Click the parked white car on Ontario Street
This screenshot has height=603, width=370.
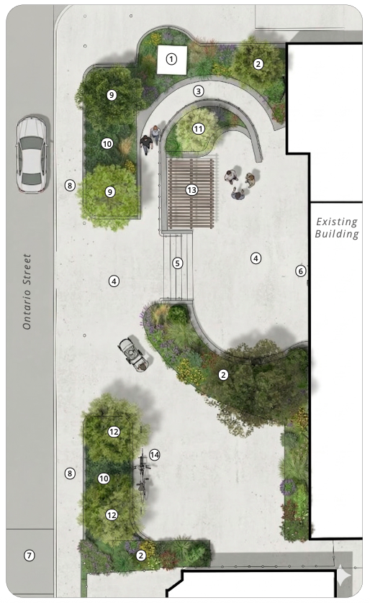pos(31,154)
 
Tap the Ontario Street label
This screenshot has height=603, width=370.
pos(27,291)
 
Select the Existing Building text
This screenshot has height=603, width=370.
pos(337,227)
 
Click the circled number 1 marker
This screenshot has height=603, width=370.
pos(171,59)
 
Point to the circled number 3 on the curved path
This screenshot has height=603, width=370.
pos(199,91)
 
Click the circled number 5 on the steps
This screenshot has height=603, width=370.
pos(177,263)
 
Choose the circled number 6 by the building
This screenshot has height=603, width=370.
pos(300,271)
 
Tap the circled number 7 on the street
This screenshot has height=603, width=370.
pos(30,556)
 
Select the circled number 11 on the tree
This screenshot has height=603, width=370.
pos(199,129)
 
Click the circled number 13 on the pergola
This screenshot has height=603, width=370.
pos(191,189)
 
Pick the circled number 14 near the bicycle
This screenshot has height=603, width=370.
pos(154,455)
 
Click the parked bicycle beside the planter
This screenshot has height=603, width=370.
pos(143,476)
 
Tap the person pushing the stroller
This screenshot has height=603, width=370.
pos(143,366)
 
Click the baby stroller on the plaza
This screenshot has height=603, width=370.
pos(131,351)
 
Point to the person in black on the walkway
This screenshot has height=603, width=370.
pos(146,145)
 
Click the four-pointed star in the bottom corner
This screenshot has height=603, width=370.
pos(343,577)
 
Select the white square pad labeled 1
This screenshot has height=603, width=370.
pos(172,60)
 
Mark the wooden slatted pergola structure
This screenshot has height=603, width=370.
pos(191,194)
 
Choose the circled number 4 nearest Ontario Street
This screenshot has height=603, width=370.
pos(114,281)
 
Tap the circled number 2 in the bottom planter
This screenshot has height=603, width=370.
pos(141,556)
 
